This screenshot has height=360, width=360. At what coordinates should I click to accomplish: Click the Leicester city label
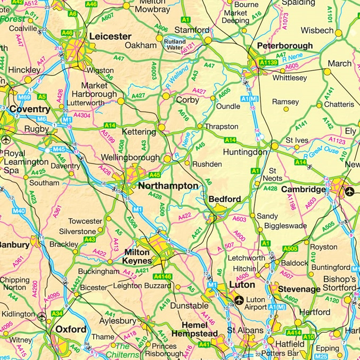coord(110,36)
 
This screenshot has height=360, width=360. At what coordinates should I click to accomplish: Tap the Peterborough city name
coord(285,46)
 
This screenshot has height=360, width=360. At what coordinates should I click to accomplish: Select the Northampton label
coord(168,186)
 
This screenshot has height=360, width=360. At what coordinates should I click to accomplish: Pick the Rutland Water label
coord(175,44)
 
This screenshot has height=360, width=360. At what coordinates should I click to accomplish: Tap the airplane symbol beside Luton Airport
coord(239,299)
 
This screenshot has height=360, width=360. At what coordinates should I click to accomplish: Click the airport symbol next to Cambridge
coord(349,191)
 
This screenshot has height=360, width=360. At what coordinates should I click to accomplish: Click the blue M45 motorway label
coord(59,149)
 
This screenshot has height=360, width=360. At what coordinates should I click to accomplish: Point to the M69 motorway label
coord(24,98)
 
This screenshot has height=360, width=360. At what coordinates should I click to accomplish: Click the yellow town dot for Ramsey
coord(286,110)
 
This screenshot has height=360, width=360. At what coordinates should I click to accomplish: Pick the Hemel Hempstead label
coord(194,329)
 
